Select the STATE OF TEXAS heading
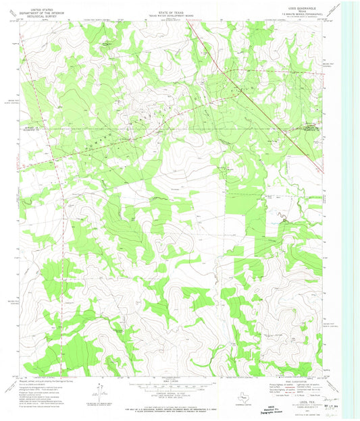pos(169,4)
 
